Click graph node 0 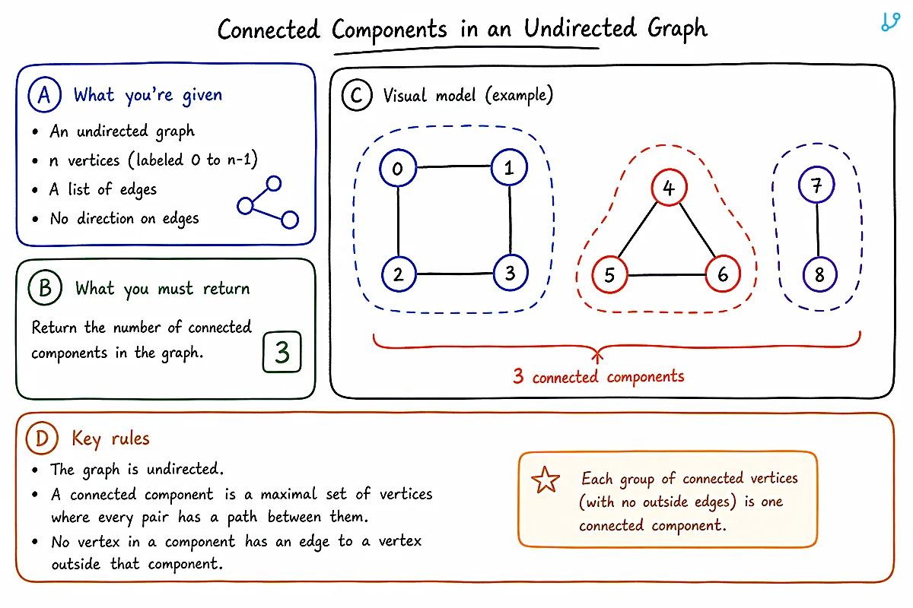398,168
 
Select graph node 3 511,273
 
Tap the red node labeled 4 669,187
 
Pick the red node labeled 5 609,275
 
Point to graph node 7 816,185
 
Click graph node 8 819,274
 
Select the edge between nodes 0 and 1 453,166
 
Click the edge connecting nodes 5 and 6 666,275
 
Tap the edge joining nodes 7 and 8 818,230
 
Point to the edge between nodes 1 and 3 510,220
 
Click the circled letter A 44,94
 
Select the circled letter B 45,287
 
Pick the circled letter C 357,95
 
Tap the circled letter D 42,439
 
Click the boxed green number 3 282,352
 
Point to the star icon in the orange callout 546,480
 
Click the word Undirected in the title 580,29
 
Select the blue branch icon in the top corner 891,21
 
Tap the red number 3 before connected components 518,376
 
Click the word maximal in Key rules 288,494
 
